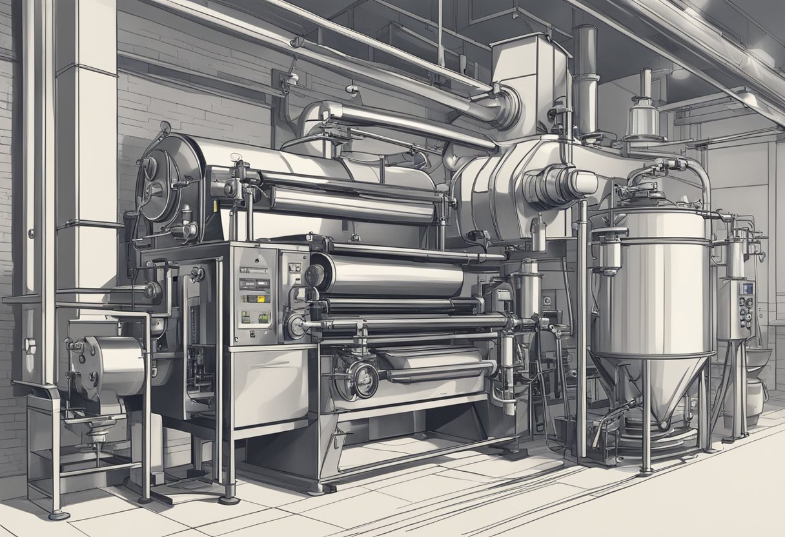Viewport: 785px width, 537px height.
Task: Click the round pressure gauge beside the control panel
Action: pyautogui.click(x=297, y=327)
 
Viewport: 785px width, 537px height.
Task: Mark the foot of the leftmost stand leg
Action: pyautogui.click(x=58, y=514)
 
